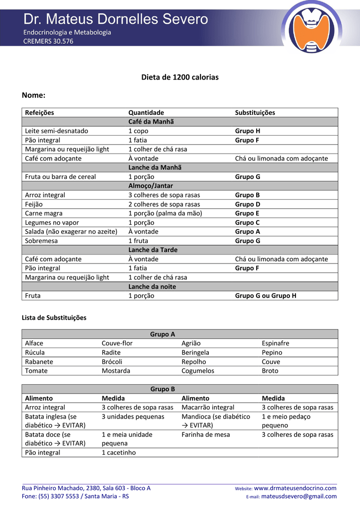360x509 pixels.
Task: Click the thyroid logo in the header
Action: click(x=312, y=27)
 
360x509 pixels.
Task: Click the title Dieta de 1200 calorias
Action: click(x=180, y=78)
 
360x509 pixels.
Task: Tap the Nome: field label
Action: click(x=34, y=95)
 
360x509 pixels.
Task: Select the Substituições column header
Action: click(x=255, y=113)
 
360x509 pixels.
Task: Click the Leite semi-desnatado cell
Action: click(x=56, y=131)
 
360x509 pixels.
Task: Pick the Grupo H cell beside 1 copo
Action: click(x=247, y=131)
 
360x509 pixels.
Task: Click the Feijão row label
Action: click(x=34, y=204)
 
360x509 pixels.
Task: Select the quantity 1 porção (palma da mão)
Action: click(x=165, y=214)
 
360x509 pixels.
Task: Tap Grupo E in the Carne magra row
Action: click(x=247, y=214)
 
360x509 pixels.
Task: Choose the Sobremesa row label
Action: click(x=41, y=241)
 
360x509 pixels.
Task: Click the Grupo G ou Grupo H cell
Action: click(x=266, y=296)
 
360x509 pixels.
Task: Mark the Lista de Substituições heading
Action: click(x=54, y=318)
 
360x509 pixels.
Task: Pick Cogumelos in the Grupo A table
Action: click(x=198, y=371)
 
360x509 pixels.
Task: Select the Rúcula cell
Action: click(x=35, y=352)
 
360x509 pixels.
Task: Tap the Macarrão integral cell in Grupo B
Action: click(x=208, y=408)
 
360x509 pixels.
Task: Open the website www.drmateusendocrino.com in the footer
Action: click(x=295, y=488)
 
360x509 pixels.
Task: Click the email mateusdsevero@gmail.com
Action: click(x=298, y=496)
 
